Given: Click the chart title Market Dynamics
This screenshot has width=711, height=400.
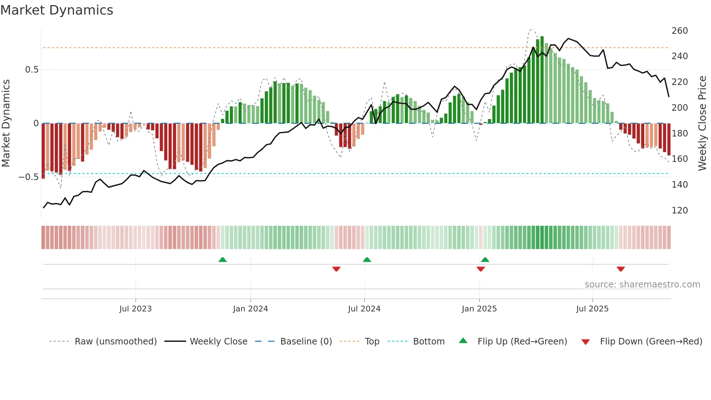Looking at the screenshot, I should [57, 10].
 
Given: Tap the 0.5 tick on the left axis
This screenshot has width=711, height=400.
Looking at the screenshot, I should [32, 70].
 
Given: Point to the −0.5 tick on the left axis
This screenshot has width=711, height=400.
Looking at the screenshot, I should [28, 177].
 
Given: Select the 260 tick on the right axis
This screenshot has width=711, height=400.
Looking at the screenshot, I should [679, 31].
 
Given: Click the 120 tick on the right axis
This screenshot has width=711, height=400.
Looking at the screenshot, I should [679, 211].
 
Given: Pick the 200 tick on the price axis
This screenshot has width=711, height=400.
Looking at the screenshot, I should [679, 108].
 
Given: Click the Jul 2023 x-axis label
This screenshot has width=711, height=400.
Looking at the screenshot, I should [135, 309].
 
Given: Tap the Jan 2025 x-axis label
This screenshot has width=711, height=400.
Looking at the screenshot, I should [479, 309].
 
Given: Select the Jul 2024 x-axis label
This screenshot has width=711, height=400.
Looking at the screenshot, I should [364, 309].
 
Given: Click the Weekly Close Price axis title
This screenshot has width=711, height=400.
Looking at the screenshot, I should [702, 123].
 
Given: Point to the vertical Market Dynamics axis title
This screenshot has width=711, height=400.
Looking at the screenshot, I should [6, 123].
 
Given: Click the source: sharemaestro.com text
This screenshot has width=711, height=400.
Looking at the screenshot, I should [642, 285].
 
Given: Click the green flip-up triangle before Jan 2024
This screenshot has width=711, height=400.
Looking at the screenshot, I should [222, 260].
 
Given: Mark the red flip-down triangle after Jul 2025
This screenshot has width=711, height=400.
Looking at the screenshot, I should [620, 269].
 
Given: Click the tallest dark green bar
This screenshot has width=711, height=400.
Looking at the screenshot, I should [542, 80].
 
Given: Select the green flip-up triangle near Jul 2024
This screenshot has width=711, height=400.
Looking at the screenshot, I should [367, 260].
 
